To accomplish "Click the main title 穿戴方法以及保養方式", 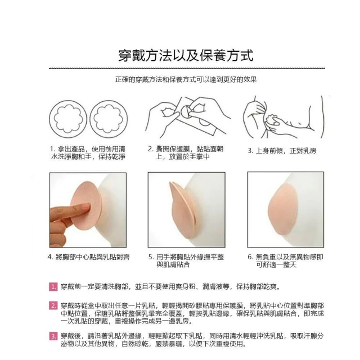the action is click(186, 56).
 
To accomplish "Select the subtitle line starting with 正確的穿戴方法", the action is click(186, 80).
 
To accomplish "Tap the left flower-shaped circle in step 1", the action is click(68, 119).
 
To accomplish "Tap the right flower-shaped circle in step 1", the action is click(109, 119).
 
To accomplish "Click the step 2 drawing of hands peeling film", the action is click(188, 116).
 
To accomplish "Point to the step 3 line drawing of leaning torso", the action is click(283, 117).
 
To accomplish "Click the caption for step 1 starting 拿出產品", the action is click(88, 153).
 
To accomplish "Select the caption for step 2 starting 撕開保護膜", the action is click(186, 153).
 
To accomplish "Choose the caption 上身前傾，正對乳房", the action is click(282, 151).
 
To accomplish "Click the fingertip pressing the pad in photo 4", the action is click(86, 206).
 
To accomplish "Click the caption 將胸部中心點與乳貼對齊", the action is click(89, 257).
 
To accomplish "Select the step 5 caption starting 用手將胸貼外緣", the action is click(186, 261).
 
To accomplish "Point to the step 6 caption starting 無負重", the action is click(285, 261).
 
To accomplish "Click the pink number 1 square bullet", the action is click(53, 287).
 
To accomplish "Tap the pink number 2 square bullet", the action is click(53, 305).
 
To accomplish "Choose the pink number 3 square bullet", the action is click(53, 336).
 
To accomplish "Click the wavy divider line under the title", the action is click(187, 69).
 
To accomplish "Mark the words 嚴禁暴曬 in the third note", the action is click(169, 344).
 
